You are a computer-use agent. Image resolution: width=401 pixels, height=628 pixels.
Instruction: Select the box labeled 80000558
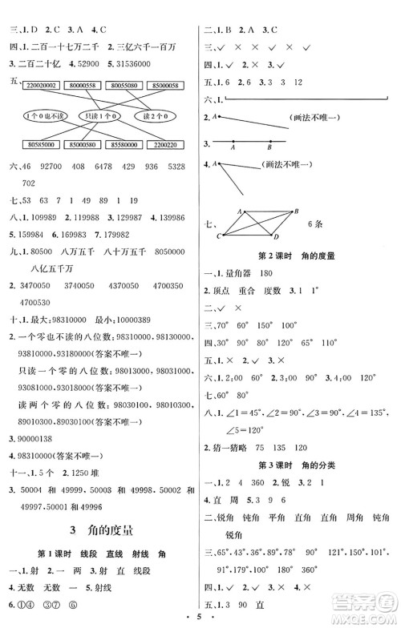85,83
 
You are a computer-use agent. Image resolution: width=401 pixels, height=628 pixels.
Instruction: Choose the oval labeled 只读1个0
98,115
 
